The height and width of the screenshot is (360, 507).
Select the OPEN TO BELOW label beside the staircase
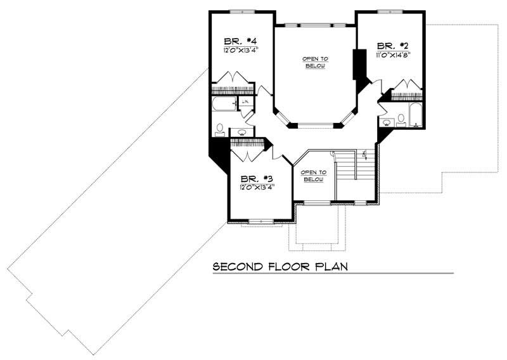pos(313,176)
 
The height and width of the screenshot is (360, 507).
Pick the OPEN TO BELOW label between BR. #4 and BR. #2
pos(314,62)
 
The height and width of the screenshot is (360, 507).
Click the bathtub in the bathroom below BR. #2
pos(416,115)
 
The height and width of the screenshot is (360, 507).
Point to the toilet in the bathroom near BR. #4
pos(220,129)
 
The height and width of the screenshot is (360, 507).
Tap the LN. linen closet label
pos(247,102)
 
